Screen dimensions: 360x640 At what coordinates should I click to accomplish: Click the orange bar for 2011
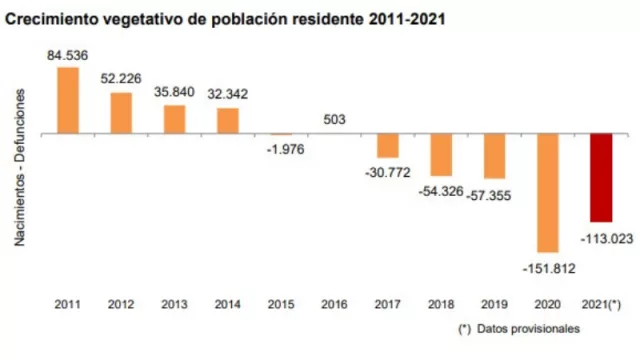coord(68,100)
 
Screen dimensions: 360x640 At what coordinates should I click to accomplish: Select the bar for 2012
coord(121,113)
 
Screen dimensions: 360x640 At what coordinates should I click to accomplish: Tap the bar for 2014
coord(228,120)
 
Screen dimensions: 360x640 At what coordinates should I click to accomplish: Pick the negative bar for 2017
coord(388,145)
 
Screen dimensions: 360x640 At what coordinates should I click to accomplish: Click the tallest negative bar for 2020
coord(548,192)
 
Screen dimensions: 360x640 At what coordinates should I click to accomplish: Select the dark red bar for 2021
coord(602,177)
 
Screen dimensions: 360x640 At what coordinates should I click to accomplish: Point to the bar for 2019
coord(495,155)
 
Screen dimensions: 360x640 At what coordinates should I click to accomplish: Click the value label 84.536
coord(67,55)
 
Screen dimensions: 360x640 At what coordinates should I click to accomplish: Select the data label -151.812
coord(548,267)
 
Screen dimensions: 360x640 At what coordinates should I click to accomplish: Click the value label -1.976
coord(283,149)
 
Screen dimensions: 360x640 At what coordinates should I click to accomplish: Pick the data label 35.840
coord(174,92)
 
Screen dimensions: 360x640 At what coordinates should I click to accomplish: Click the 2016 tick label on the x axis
coord(335,303)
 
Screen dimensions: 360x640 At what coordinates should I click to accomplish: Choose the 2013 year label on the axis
coord(174,303)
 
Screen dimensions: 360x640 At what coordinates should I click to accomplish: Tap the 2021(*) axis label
coord(602,303)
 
